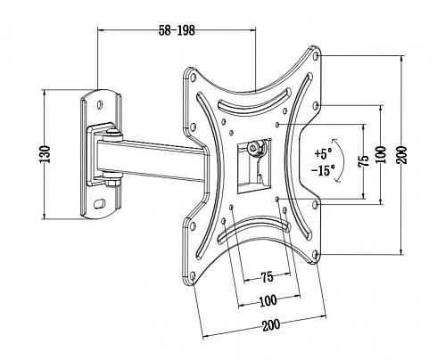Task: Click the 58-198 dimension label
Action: point(177,30)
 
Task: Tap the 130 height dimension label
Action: point(45,154)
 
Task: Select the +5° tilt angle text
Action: point(323,153)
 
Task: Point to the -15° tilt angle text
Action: point(323,170)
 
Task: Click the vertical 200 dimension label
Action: point(401,154)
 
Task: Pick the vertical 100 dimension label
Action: point(382,154)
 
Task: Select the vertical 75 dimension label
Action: point(364,160)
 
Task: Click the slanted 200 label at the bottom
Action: point(271,325)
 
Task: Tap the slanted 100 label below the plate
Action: point(268,301)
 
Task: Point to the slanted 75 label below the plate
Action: point(268,277)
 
